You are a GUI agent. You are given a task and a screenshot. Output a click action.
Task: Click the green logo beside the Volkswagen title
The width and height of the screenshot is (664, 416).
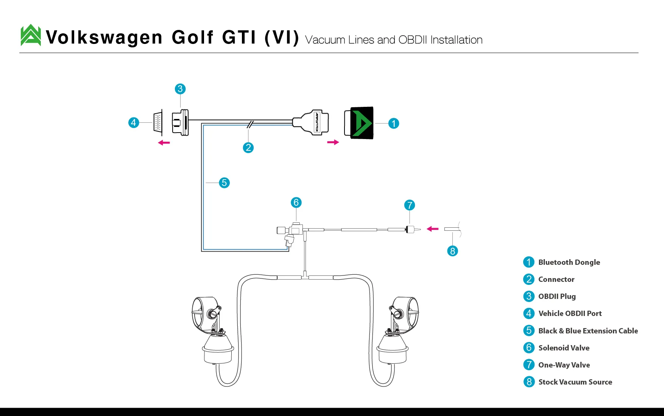[31, 35]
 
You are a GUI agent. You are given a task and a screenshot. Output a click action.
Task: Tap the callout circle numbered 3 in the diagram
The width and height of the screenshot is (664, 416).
[180, 89]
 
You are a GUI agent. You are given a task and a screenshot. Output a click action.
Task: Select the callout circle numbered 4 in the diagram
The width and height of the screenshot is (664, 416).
[134, 123]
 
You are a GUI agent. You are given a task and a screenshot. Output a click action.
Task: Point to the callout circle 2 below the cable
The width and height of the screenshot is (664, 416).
[248, 148]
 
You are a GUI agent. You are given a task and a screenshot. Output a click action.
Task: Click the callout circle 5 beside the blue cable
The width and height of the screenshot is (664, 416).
[224, 183]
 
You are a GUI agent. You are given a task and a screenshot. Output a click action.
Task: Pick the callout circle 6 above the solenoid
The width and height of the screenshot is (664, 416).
[296, 203]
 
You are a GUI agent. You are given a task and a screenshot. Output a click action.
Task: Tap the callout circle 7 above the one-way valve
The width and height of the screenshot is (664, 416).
[410, 205]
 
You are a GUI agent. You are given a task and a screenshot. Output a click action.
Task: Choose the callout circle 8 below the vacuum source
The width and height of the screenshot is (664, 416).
[452, 251]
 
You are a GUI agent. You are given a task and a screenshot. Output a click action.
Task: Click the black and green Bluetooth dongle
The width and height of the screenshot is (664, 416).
[359, 123]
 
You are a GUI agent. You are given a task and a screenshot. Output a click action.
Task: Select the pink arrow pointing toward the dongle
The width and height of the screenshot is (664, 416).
[333, 142]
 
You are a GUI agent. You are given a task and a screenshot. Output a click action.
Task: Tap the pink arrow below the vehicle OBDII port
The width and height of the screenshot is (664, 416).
[164, 143]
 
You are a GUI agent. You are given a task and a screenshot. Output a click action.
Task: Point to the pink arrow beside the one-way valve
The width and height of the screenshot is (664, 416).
[432, 229]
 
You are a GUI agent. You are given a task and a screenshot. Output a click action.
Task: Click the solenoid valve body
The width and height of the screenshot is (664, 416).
[291, 233]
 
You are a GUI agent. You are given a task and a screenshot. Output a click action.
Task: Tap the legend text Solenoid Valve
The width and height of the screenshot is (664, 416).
[564, 348]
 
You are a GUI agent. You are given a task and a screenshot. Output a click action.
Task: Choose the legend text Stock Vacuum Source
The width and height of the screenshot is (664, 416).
[575, 382]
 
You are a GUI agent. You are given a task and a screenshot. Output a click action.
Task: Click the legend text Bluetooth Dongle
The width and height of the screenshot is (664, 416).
[569, 262]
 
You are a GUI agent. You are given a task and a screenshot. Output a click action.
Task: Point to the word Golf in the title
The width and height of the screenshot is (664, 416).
[193, 38]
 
